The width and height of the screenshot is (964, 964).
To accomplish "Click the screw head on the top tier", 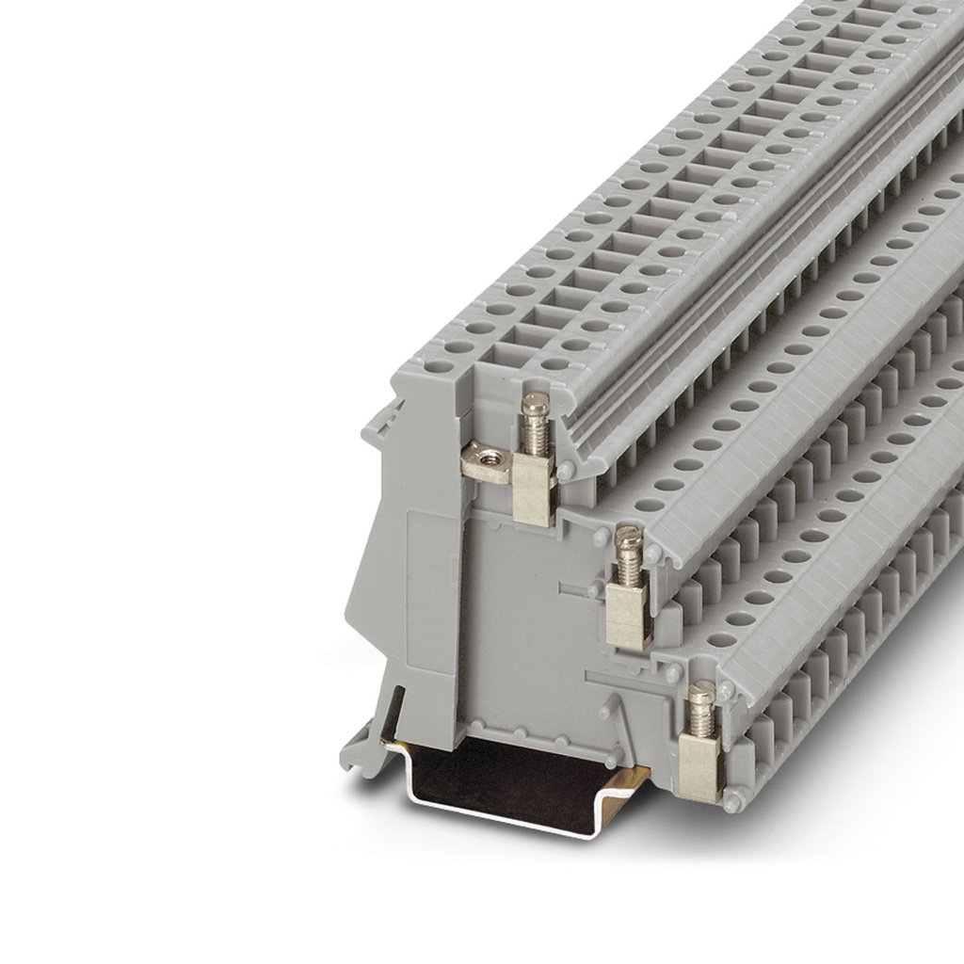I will coord(535,405).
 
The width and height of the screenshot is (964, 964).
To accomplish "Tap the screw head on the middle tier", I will coord(628,538).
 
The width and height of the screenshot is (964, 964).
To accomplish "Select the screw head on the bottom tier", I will coord(701,695).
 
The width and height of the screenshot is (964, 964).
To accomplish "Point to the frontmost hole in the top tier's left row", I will coord(458,347).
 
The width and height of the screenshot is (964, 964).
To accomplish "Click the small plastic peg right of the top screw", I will coord(565,471).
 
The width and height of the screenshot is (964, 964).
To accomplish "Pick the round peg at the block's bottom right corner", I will coord(731,802).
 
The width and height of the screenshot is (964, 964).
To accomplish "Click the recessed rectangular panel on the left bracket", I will coord(428,574).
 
